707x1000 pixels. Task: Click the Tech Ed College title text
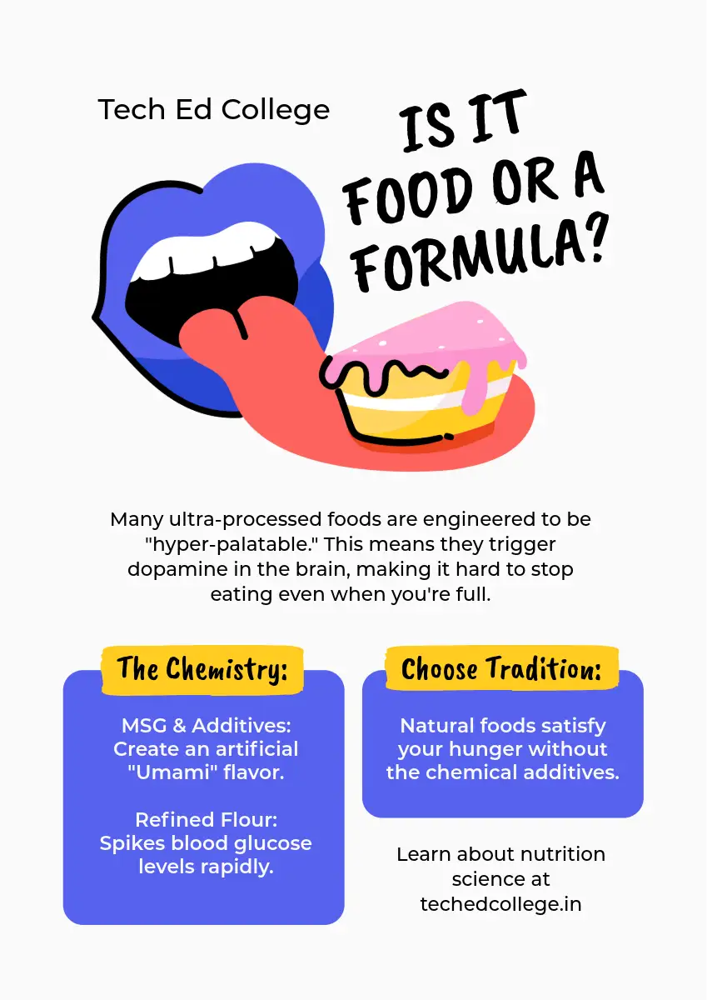tap(214, 110)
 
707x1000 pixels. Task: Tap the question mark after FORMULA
tap(589, 241)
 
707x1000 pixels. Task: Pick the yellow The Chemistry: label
tap(202, 669)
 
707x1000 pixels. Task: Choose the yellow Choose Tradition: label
tap(501, 669)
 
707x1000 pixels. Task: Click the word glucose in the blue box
tap(271, 842)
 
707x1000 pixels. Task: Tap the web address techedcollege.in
tap(500, 903)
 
